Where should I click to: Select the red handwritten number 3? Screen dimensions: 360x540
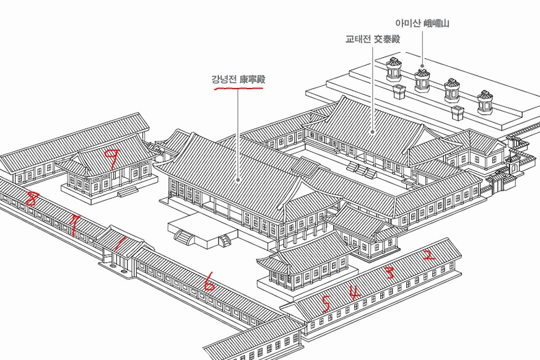390,272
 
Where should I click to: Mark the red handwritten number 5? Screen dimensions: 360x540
326,304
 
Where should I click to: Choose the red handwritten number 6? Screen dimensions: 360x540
209,283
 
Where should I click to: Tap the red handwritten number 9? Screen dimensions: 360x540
112,159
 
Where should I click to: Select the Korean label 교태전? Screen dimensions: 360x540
359,39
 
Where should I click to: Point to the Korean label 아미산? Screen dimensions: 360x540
407,24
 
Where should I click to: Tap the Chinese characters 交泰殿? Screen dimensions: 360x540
386,39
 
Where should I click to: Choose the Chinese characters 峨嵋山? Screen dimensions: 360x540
436,24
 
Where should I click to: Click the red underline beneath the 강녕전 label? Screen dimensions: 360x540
238,89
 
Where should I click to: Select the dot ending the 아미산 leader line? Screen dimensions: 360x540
422,66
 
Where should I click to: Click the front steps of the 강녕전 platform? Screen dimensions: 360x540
184,235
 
